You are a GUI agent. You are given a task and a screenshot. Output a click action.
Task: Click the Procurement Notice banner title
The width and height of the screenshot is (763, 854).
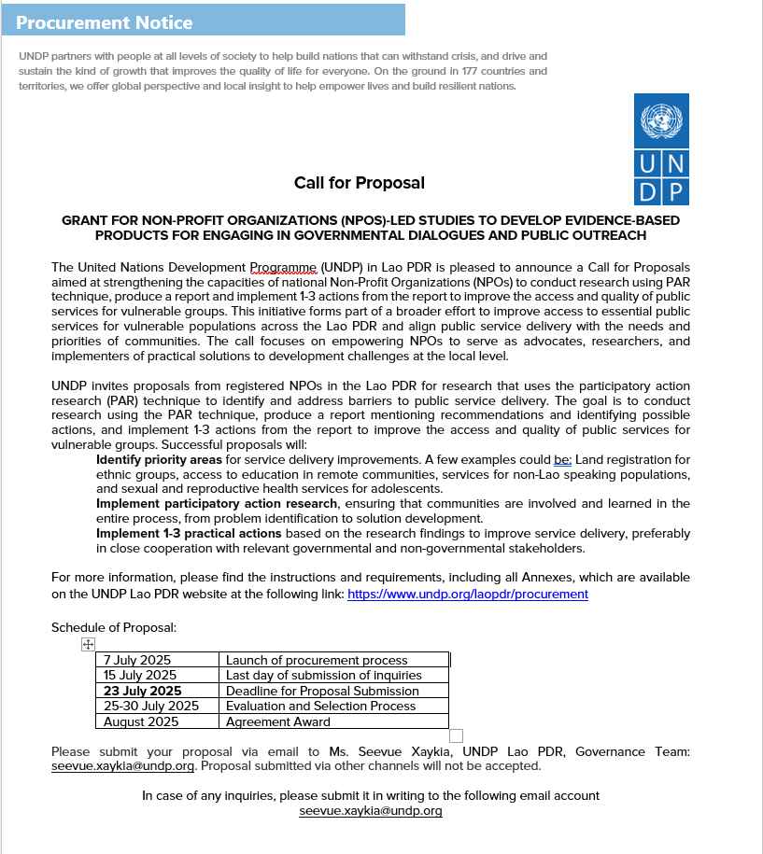(x=104, y=22)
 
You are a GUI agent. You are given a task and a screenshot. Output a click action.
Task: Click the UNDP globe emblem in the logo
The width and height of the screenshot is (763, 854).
(x=661, y=120)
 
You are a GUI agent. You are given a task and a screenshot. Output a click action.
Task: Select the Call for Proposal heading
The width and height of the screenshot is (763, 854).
(x=359, y=183)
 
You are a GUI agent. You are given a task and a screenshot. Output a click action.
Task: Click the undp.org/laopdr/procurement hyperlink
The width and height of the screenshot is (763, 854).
(x=467, y=594)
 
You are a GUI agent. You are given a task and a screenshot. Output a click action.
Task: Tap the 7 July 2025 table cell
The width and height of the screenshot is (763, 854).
(x=137, y=660)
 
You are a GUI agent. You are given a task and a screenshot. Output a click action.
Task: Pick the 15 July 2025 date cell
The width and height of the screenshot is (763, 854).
(x=140, y=675)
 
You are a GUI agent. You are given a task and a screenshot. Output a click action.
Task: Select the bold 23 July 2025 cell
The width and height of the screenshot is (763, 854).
(x=142, y=691)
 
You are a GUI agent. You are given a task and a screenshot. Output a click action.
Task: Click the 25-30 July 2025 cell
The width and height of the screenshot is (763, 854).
(x=151, y=706)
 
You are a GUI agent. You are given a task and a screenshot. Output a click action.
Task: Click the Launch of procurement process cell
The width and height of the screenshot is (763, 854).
(x=317, y=660)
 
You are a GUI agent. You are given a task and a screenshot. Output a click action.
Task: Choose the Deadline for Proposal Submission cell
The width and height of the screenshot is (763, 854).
(x=322, y=691)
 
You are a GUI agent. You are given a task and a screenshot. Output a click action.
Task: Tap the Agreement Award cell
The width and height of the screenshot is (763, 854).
(x=278, y=721)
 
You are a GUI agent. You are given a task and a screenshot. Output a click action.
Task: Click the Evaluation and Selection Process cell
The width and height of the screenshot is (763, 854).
(x=321, y=706)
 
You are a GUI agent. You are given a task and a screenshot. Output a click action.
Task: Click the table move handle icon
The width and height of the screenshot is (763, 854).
(x=88, y=644)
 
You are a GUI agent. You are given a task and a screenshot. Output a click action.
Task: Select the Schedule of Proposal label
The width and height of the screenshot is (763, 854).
(x=114, y=627)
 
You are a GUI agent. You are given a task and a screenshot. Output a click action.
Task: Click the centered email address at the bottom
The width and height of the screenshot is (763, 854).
(x=371, y=811)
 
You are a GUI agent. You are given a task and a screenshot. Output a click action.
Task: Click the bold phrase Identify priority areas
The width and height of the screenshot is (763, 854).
(x=159, y=459)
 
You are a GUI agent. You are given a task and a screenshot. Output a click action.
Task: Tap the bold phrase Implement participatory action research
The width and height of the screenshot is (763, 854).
(x=217, y=503)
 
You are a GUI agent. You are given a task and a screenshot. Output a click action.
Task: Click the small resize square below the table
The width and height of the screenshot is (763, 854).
(x=456, y=735)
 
